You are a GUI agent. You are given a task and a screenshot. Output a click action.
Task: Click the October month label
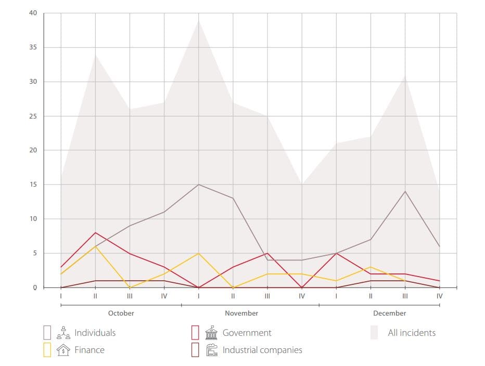click(x=121, y=313)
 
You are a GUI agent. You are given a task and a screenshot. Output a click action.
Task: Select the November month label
click(x=241, y=313)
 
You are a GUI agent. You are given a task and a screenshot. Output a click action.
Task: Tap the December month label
click(x=389, y=313)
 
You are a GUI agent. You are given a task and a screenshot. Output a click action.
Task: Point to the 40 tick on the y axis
click(x=33, y=13)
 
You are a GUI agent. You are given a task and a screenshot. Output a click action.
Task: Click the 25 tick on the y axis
click(x=33, y=116)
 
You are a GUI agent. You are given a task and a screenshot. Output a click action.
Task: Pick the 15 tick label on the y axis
click(x=33, y=185)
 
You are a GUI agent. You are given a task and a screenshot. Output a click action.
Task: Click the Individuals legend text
click(x=95, y=333)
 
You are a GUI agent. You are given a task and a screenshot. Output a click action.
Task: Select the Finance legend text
click(x=89, y=350)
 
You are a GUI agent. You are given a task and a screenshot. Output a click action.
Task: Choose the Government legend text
click(x=247, y=333)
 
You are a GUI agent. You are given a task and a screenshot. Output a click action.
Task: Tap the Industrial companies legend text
click(x=262, y=350)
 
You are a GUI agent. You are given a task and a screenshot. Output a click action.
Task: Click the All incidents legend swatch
click(x=374, y=333)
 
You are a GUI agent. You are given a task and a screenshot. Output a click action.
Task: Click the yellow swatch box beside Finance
click(x=47, y=350)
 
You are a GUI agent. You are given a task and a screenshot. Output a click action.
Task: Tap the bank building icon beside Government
click(x=211, y=333)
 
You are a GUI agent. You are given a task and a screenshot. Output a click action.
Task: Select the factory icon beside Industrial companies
click(x=211, y=350)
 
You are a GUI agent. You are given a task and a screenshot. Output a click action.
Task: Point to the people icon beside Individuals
click(x=64, y=333)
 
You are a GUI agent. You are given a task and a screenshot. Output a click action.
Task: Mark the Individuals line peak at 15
click(x=199, y=185)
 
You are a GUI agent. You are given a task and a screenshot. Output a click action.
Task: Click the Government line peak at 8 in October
click(x=95, y=233)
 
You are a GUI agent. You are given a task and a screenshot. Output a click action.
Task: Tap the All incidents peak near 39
click(x=199, y=20)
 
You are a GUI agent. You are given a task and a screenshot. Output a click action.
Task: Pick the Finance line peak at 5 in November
click(x=199, y=253)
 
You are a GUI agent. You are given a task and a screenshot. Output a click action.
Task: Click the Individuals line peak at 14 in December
click(x=405, y=191)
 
